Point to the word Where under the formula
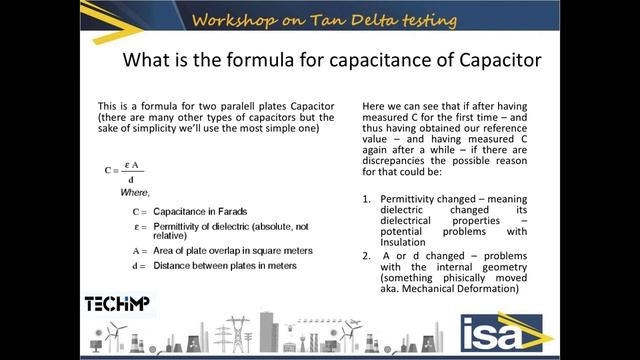tap(134, 192)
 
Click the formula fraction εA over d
tap(130, 171)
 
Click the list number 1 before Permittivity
tap(367, 198)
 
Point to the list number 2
tap(367, 256)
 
